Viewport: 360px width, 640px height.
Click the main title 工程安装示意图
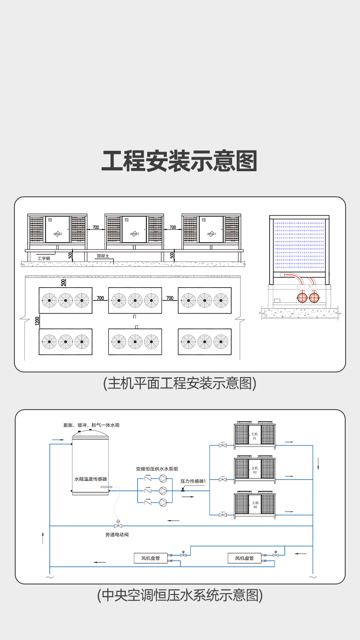click(180, 161)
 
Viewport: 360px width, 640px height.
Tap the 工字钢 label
click(44, 258)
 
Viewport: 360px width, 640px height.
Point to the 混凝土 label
click(103, 256)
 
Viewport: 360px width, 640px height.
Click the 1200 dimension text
click(38, 321)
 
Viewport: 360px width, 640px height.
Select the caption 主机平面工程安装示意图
click(180, 383)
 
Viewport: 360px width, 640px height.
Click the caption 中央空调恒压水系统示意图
click(180, 595)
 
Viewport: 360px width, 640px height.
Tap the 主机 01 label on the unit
click(254, 436)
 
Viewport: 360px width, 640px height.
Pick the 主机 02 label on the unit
click(254, 470)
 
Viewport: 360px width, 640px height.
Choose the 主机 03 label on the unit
click(255, 505)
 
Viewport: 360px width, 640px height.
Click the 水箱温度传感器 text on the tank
click(90, 479)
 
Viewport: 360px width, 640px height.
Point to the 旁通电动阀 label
click(117, 535)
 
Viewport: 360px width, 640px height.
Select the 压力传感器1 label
click(193, 481)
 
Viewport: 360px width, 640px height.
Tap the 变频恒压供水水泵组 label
click(157, 469)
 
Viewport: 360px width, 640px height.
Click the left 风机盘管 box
click(150, 558)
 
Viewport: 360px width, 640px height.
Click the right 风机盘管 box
click(244, 558)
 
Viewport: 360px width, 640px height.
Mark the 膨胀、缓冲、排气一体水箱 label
click(91, 425)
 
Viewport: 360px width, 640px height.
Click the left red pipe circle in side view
click(302, 298)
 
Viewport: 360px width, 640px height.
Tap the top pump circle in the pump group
click(163, 478)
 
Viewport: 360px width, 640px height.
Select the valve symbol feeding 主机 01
click(223, 445)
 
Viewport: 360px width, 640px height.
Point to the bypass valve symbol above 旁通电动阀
click(118, 525)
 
